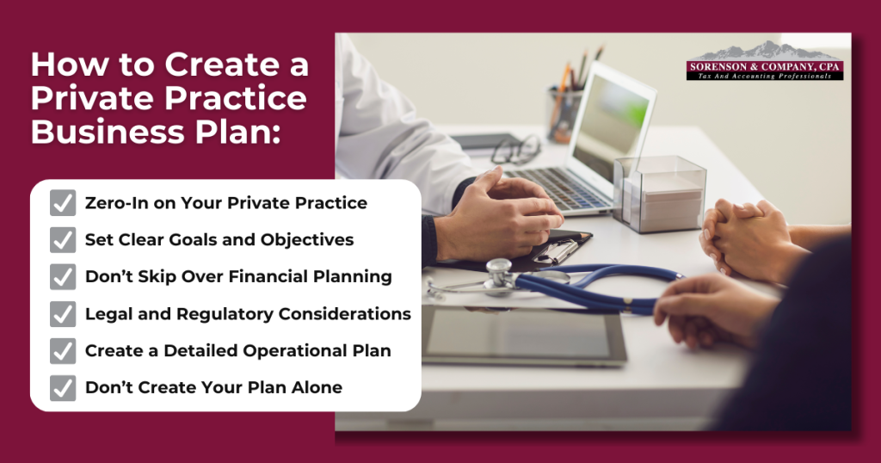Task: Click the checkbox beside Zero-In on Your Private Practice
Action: [63, 203]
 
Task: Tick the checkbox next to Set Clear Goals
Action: [63, 240]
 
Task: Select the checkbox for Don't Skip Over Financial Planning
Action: [63, 277]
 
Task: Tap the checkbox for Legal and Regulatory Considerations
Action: [63, 314]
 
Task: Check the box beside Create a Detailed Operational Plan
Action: [63, 351]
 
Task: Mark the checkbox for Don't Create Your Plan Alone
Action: [63, 388]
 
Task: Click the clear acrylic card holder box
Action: [659, 194]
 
